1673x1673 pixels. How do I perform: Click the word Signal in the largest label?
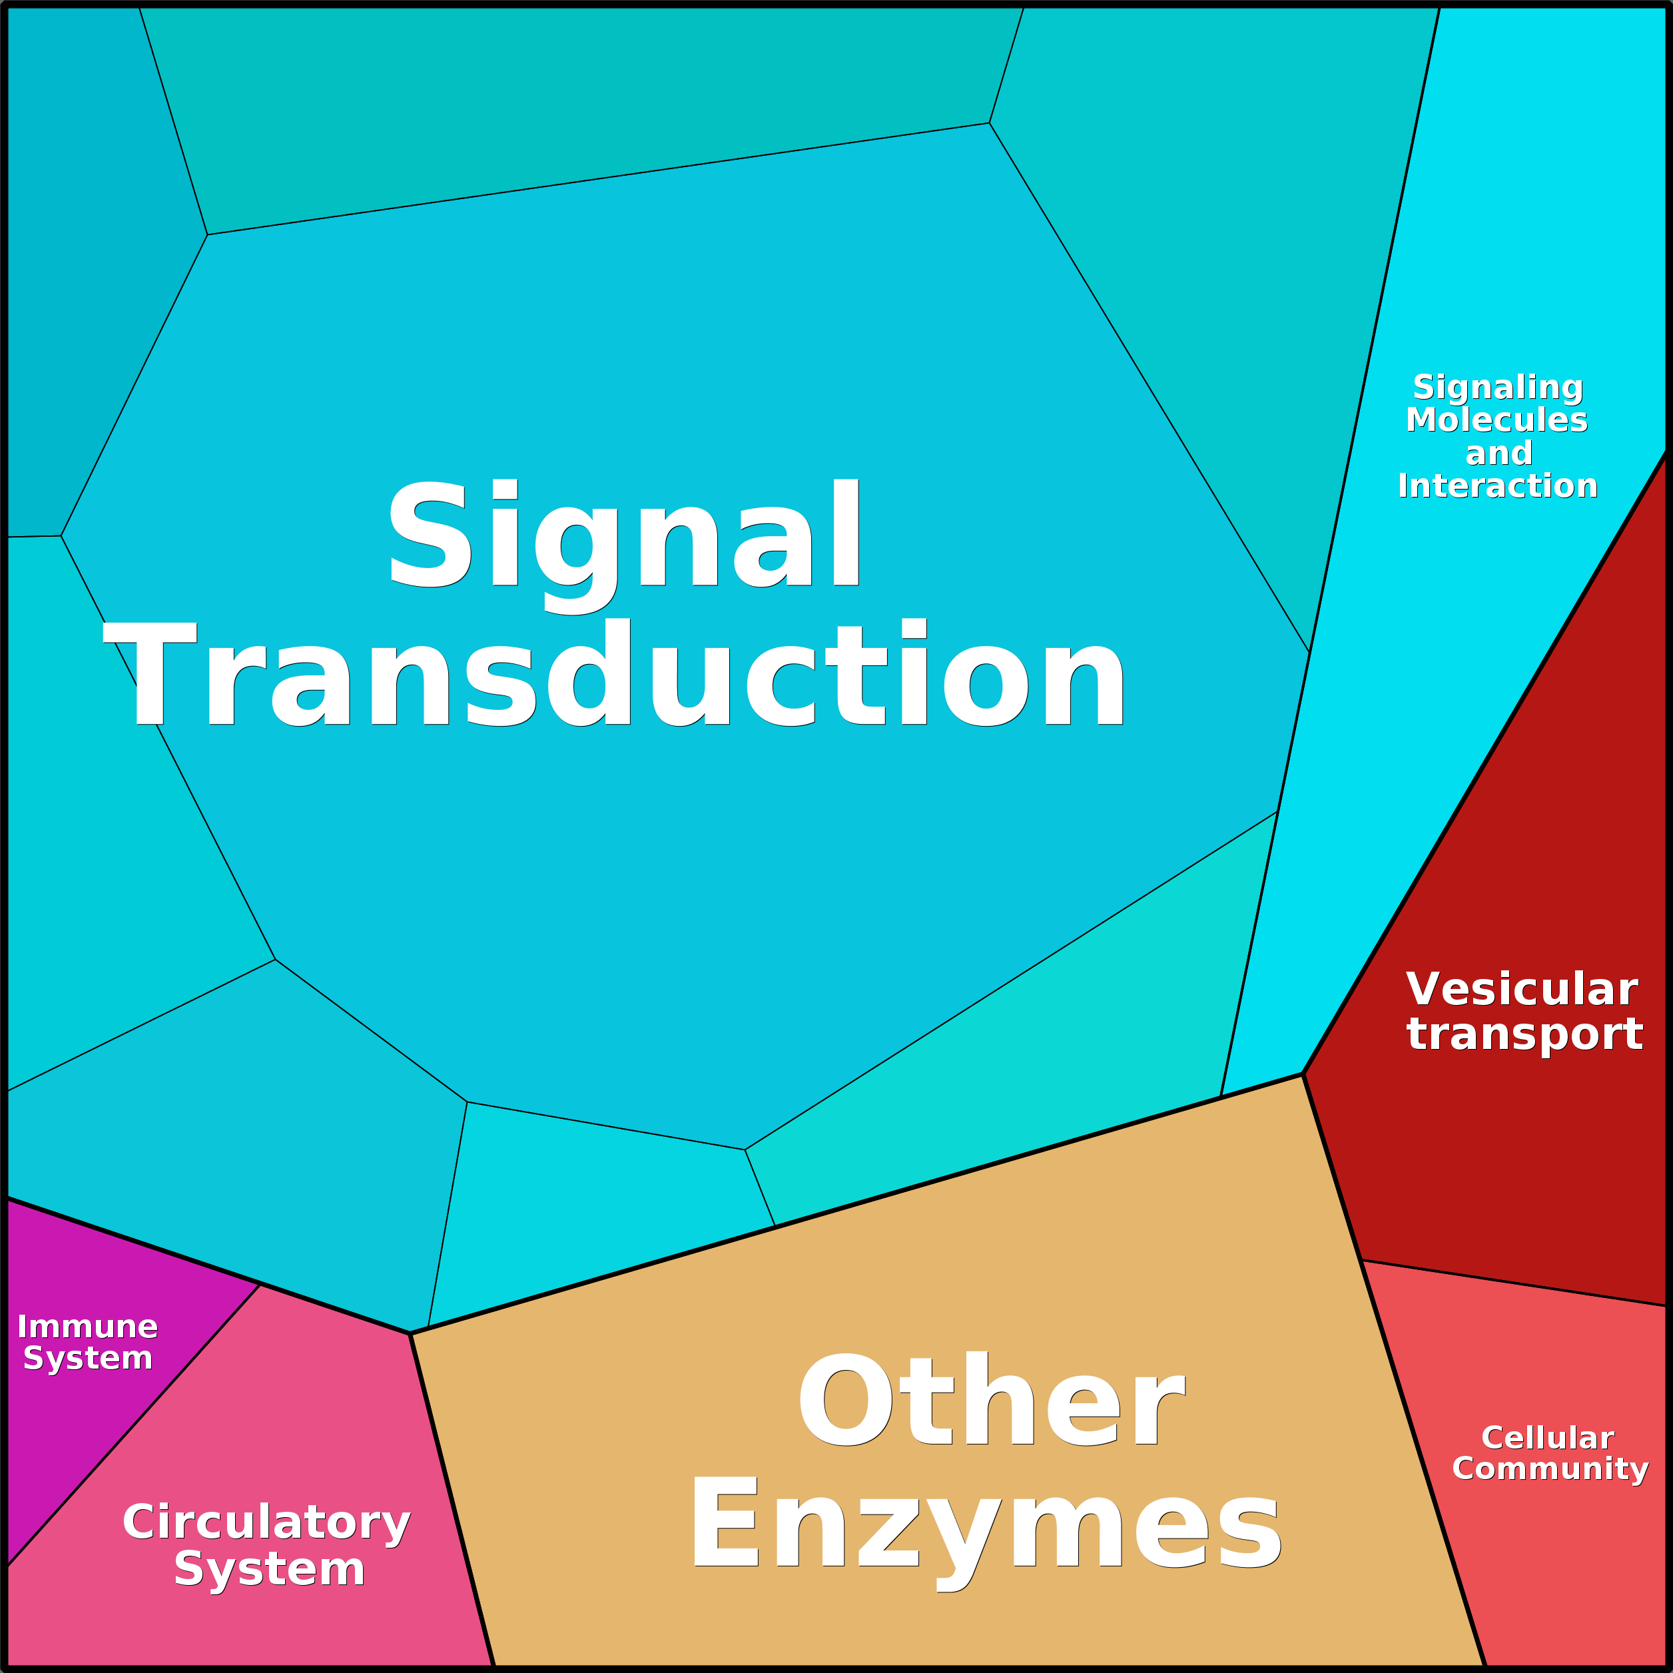(623, 546)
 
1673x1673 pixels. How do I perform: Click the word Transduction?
(614, 673)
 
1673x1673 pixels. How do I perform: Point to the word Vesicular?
(1521, 989)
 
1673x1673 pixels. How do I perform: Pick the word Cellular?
(1547, 1437)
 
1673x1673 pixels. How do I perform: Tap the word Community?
(1550, 1469)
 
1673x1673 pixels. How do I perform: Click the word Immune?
(87, 1327)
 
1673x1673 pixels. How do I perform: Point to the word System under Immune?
(87, 1359)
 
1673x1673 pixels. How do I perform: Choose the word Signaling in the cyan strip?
(1498, 388)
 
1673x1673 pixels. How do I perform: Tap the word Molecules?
(1497, 420)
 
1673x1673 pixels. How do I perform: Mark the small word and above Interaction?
(1499, 454)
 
